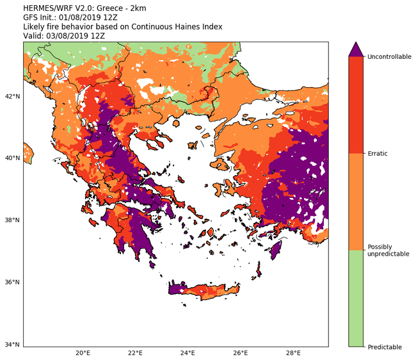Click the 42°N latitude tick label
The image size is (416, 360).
click(12, 96)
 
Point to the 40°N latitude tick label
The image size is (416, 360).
click(12, 158)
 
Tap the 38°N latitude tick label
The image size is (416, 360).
click(12, 220)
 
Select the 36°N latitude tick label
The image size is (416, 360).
click(12, 282)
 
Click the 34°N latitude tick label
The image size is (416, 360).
click(12, 345)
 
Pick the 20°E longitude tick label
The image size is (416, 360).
click(83, 353)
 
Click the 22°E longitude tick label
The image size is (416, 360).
click(135, 353)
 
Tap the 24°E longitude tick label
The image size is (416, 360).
click(188, 353)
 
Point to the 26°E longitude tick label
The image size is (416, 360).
click(241, 353)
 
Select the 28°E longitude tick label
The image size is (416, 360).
click(293, 353)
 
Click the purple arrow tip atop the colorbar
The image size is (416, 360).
click(356, 48)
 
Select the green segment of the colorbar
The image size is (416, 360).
click(356, 298)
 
